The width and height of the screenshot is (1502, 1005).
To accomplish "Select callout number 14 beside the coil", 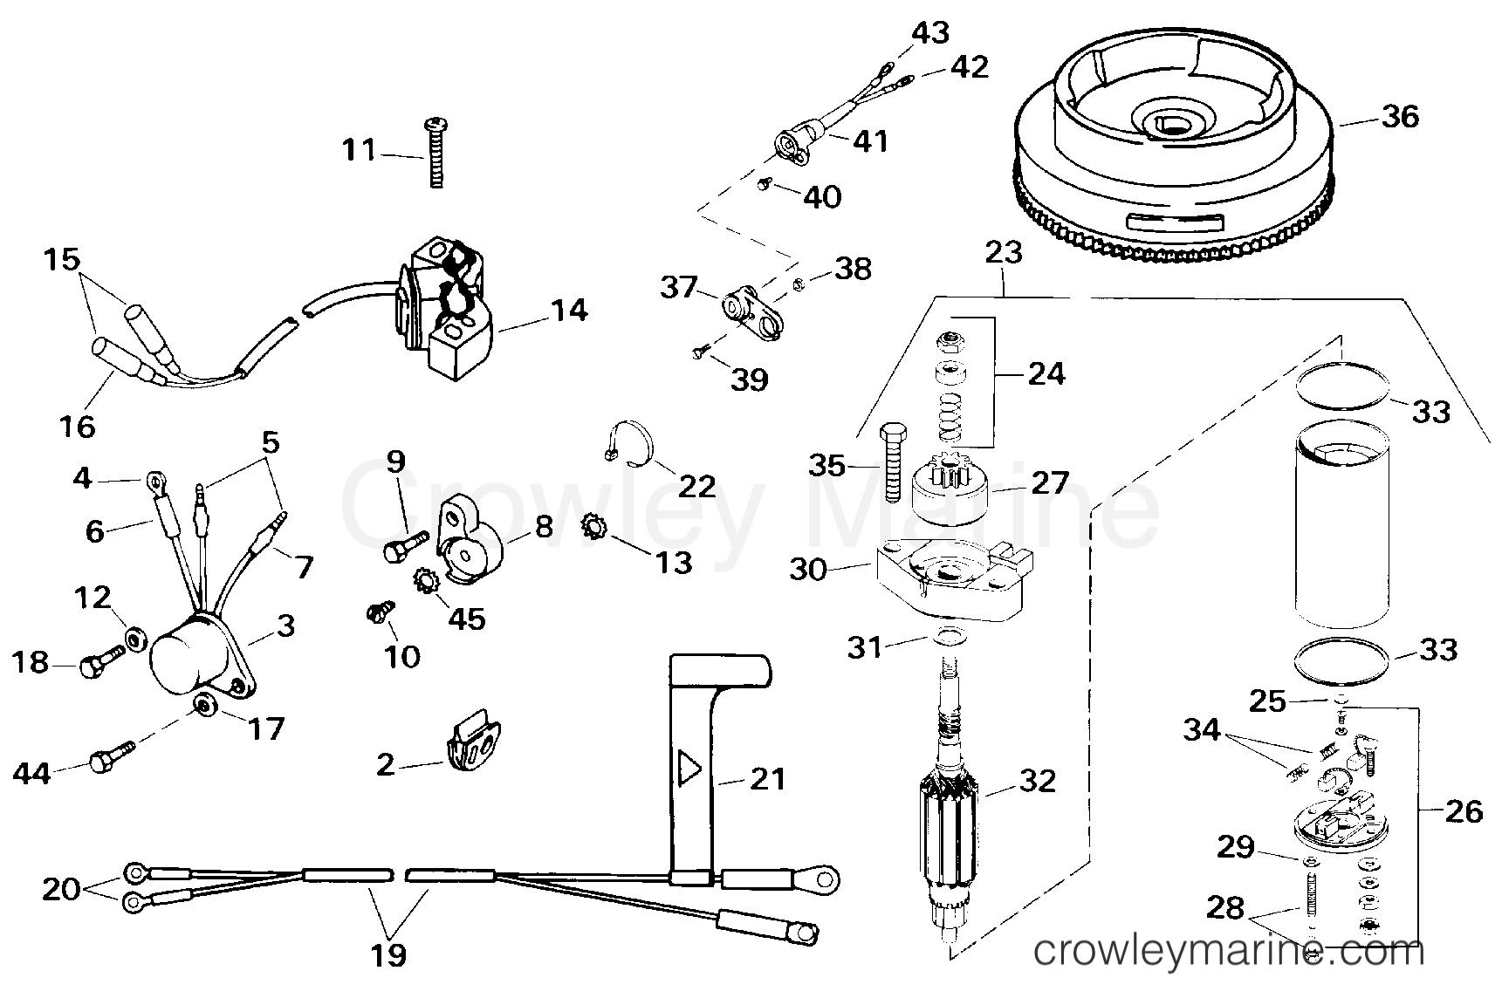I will pyautogui.click(x=570, y=311).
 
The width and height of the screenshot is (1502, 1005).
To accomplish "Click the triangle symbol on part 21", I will pyautogui.click(x=690, y=769).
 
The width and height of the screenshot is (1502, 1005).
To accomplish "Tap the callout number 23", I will pyautogui.click(x=1003, y=253).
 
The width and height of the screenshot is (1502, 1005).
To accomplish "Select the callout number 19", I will pyautogui.click(x=388, y=955).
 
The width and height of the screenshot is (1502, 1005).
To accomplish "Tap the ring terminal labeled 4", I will pyautogui.click(x=157, y=478).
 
